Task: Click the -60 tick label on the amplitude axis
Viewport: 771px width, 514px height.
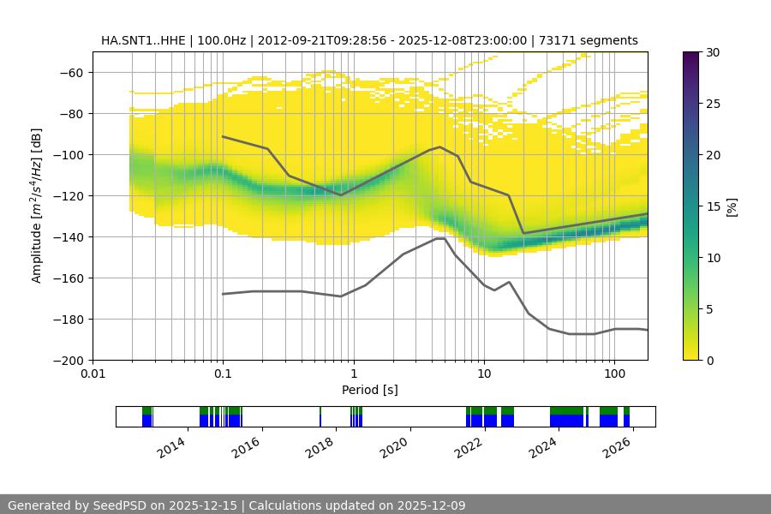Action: coord(70,72)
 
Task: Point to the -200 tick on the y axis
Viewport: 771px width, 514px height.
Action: coord(67,360)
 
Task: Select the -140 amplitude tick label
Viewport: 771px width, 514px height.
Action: coord(67,236)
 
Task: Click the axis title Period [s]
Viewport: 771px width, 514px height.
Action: coord(370,390)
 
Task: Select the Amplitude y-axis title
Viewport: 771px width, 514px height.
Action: coord(36,206)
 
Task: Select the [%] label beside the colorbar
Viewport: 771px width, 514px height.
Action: coord(731,206)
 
